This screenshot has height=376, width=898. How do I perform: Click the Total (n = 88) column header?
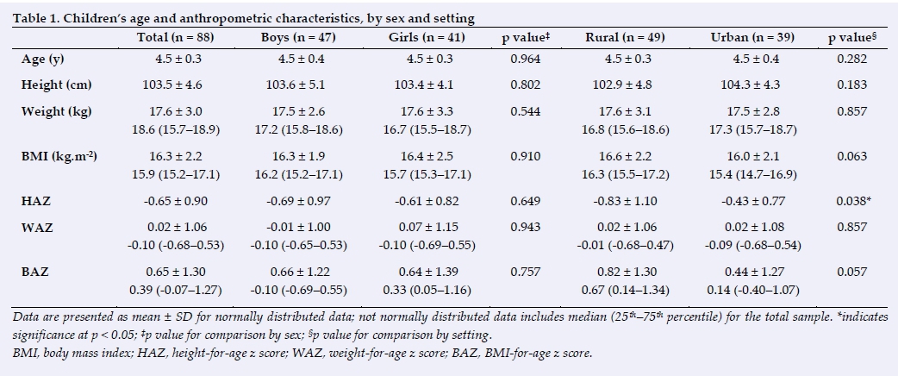pos(175,37)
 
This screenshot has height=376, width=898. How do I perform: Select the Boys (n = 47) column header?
pos(298,37)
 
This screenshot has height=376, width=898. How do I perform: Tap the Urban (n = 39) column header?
pos(752,37)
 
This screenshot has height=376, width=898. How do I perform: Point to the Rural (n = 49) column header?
pos(625,37)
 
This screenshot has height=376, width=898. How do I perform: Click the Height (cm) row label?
pos(57,85)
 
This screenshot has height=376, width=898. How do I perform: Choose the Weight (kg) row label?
pos(56,111)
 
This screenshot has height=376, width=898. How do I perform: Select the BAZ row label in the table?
pos(35,272)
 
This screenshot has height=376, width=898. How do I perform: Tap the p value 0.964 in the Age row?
pos(525,59)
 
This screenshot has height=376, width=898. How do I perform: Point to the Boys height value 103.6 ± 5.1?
pos(296,85)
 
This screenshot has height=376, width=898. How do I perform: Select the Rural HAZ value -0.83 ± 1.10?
pos(625,201)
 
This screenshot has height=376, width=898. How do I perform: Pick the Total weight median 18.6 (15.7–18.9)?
pos(176,130)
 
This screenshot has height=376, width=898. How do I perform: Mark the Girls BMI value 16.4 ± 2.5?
pos(427,156)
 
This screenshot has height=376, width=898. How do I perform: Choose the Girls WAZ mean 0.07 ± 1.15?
pos(427,228)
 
